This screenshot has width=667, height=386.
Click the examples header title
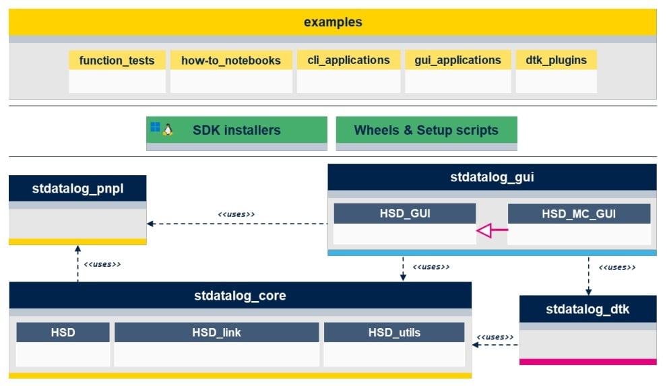333,22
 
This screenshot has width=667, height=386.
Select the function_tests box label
117,61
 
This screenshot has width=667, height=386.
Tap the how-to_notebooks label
231,61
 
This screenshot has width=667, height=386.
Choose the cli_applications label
348,60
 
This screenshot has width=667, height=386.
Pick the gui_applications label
458,60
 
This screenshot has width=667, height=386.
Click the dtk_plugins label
556,60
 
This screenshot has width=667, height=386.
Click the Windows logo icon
156,127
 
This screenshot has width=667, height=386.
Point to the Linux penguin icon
168,129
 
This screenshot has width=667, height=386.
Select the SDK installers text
236,130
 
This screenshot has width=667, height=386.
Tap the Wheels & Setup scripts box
426,130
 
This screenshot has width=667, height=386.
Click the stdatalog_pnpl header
77,189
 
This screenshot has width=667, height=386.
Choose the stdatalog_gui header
492,178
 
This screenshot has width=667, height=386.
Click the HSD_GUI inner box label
405,214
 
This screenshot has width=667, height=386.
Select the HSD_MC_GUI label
579,214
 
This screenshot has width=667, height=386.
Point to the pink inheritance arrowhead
485,232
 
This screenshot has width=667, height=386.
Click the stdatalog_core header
240,296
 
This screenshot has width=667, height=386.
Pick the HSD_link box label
216,332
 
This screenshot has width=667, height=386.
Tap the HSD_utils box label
394,332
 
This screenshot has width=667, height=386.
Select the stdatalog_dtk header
588,309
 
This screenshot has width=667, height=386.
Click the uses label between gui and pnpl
236,214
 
